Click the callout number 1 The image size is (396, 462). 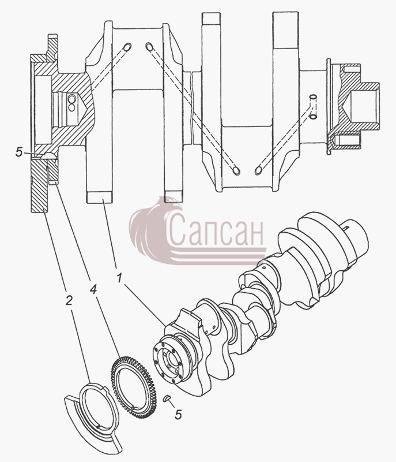pos(119,278)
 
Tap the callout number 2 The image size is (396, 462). pos(69,300)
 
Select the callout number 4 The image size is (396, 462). pos(93,289)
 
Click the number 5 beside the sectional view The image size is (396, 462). pos(19,152)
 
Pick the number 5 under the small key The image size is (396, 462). pos(178,415)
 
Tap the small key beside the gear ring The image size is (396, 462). pos(167,398)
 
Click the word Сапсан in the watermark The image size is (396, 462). pos(216,230)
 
